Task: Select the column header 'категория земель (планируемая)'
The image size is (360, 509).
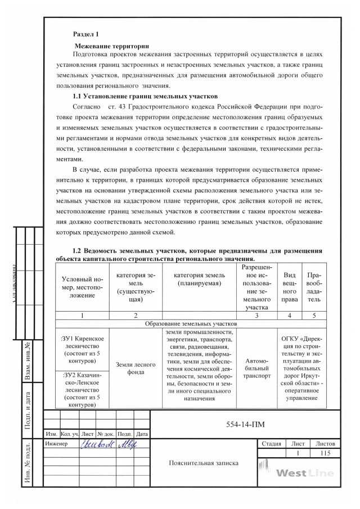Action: [200, 279]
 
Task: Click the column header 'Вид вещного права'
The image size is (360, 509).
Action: [290, 287]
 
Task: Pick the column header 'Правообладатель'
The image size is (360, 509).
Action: [314, 287]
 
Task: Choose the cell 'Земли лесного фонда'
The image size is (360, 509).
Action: [136, 368]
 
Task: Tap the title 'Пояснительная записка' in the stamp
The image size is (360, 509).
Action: [204, 463]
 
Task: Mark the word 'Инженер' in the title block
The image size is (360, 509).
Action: [56, 444]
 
